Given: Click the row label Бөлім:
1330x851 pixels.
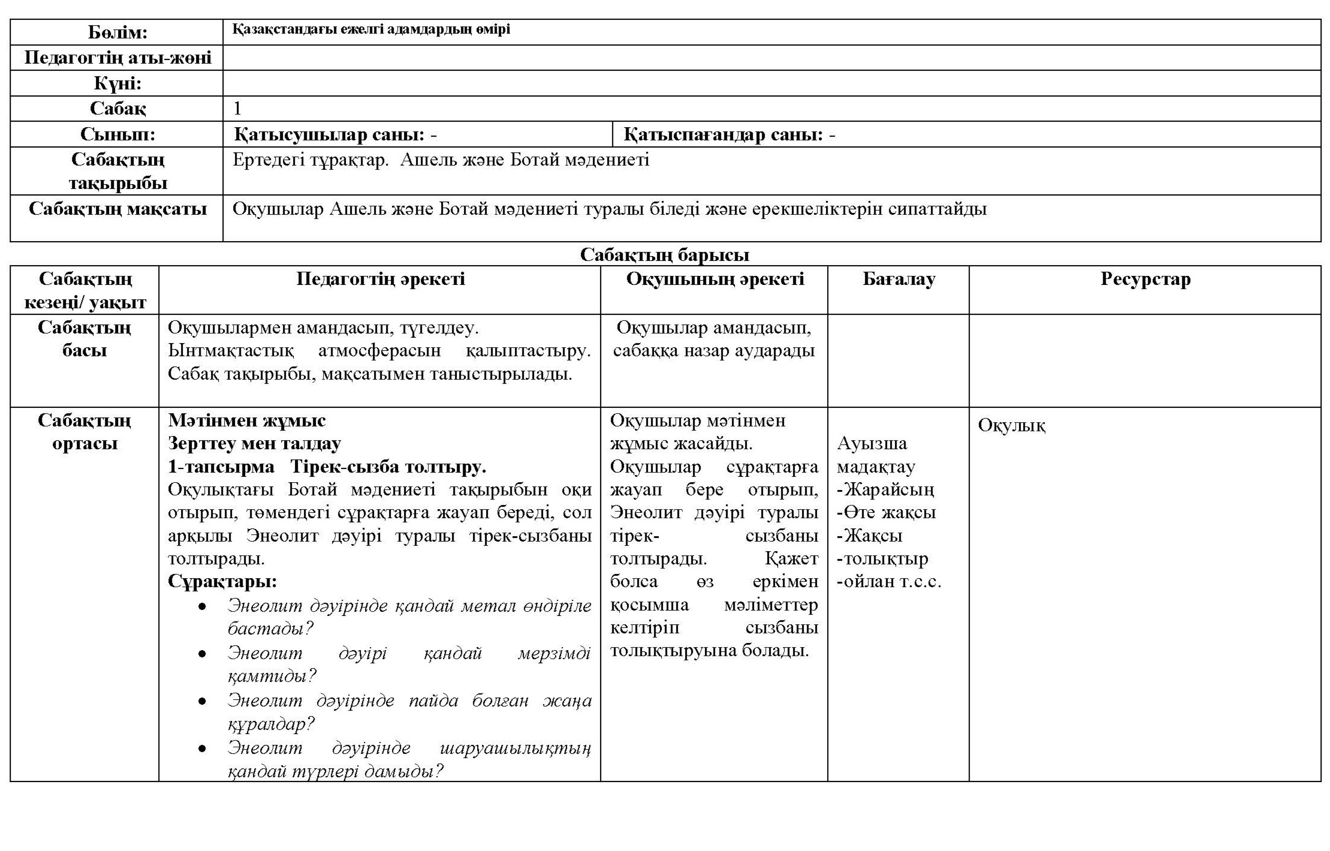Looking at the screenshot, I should tap(117, 32).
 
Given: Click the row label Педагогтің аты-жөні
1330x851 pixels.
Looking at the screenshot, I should tap(117, 58).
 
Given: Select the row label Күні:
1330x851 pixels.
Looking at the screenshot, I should tap(117, 83).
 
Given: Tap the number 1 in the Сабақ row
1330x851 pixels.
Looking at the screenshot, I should tap(237, 109).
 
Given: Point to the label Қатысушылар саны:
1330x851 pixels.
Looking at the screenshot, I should tap(330, 135).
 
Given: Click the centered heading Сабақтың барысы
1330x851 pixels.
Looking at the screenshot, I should tap(664, 255).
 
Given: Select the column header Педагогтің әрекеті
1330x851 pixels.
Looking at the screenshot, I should tap(380, 279).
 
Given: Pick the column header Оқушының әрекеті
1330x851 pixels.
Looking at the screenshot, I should tap(714, 279).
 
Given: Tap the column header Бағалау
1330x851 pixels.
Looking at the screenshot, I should tap(898, 279).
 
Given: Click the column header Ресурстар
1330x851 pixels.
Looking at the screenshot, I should tap(1145, 279).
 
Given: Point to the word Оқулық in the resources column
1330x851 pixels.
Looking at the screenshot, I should tap(1012, 425).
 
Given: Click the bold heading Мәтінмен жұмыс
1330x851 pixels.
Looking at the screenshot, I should tap(247, 420).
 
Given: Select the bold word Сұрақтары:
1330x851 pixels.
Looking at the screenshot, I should tap(222, 581).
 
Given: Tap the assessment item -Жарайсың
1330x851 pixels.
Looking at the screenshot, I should tap(885, 489).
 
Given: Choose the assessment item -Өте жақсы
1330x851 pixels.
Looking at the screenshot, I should tap(886, 512).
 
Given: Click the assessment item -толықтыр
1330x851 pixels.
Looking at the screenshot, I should tap(882, 558).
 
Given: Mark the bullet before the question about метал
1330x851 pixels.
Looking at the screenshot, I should tap(203, 607).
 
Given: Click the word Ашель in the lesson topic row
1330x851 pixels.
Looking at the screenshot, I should tap(425, 160).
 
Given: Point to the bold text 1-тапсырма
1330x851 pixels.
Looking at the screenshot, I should tap(221, 467).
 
